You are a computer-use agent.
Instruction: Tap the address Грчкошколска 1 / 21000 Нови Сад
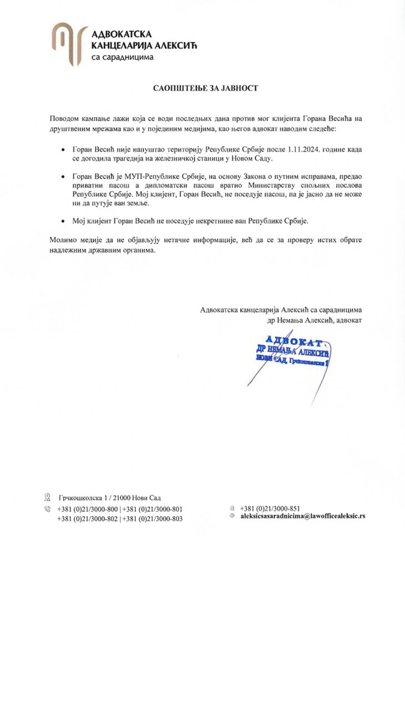(110, 498)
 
